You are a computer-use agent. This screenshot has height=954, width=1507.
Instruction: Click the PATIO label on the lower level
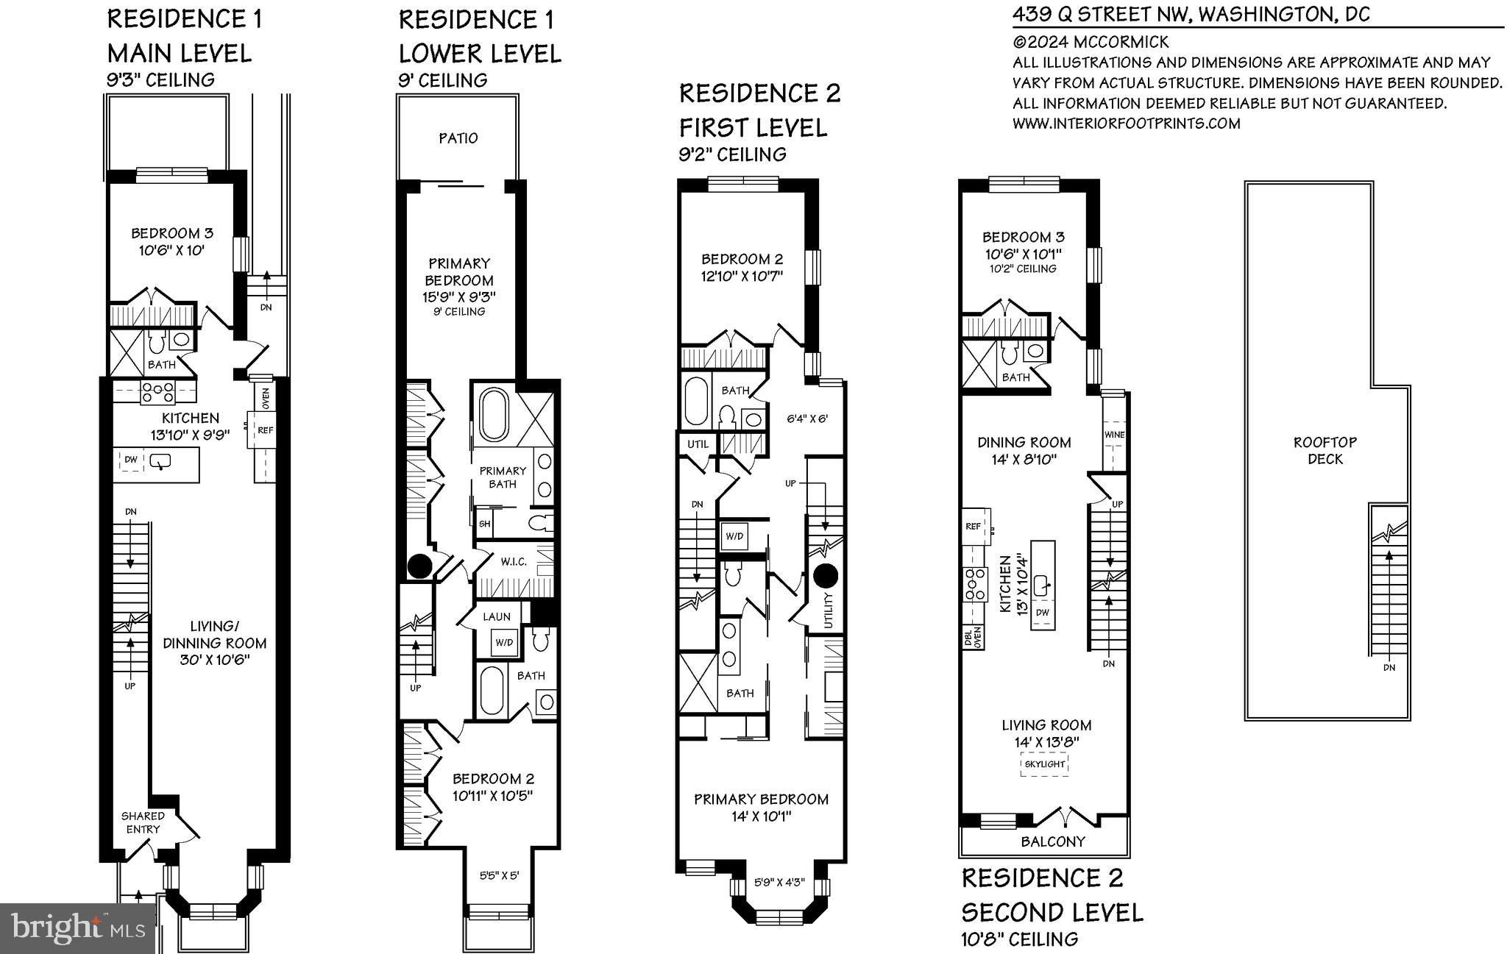(458, 138)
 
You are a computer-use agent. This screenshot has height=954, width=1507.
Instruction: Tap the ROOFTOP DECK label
(1325, 450)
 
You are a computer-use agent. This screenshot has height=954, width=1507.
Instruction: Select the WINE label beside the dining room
(1114, 435)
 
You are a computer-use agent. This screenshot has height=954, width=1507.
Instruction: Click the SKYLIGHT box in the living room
(1045, 764)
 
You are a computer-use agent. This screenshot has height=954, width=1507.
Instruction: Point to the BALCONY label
(1053, 841)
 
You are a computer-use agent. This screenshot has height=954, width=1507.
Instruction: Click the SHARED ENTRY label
(143, 822)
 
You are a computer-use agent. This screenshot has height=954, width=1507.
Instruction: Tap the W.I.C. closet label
(514, 562)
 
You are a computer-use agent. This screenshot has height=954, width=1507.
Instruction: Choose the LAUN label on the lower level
(497, 616)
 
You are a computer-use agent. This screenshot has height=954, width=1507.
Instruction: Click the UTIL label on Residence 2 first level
(698, 444)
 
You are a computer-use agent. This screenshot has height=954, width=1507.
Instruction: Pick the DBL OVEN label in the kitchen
(973, 636)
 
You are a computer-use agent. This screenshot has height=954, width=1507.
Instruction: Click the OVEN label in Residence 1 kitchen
(265, 398)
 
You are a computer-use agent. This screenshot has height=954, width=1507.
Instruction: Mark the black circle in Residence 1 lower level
(420, 566)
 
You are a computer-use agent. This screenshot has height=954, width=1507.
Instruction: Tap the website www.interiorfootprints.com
(1127, 124)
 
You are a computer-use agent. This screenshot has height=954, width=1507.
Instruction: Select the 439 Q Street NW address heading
(1191, 14)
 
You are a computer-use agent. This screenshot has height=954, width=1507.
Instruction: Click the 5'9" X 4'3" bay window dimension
(780, 883)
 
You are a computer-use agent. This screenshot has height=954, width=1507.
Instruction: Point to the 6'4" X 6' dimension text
(807, 419)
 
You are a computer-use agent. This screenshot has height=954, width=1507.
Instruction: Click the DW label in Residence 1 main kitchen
(131, 460)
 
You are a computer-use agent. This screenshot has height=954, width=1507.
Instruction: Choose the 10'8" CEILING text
(1020, 939)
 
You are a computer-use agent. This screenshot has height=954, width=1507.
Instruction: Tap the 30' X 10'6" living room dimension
(215, 660)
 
